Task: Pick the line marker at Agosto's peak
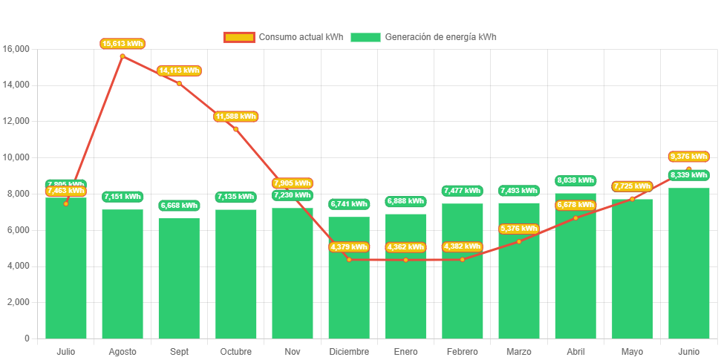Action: pos(123,56)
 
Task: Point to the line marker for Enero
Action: pos(405,260)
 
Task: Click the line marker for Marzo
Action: pos(519,241)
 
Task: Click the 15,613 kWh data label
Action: pos(123,44)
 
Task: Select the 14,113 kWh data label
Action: pos(179,71)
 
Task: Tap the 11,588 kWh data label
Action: pos(236,117)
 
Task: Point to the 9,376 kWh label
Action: pos(688,157)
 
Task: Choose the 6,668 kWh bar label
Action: pos(179,206)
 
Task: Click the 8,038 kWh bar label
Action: pos(575,180)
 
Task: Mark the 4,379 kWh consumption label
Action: pos(349,247)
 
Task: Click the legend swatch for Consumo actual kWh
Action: pos(238,37)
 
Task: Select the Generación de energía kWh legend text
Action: pos(441,37)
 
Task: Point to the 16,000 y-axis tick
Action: pos(16,49)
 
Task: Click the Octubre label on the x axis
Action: pos(235,351)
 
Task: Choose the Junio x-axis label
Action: pos(688,351)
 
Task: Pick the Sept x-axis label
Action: pos(179,351)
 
